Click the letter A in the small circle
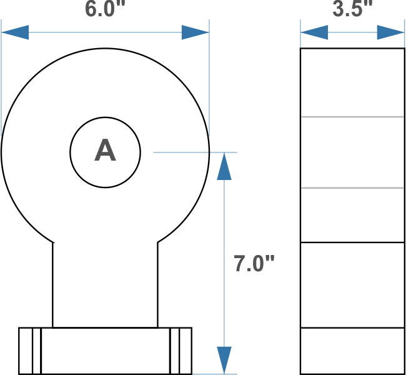coord(105,151)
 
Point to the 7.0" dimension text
coord(254,264)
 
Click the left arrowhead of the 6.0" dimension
coord(15,32)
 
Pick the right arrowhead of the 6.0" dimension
coord(195,32)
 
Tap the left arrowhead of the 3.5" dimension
coord(314,32)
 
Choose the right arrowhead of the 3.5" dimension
coord(391,32)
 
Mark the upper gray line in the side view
coord(352,117)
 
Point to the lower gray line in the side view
coord(352,188)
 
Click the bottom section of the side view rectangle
coord(352,351)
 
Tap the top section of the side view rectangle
coord(352,82)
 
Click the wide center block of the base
coord(105,351)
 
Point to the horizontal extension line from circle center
coord(187,152)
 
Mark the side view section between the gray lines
coord(352,152)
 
